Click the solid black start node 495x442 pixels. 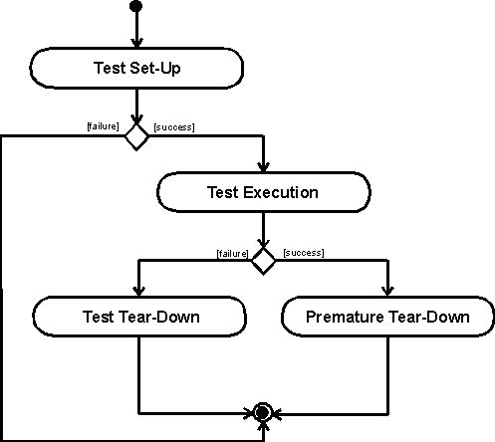135,6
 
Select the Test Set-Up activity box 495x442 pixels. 136,68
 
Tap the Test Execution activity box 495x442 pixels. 264,192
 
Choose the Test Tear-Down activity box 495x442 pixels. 139,317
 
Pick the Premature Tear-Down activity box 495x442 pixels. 387,317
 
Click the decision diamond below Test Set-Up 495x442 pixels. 136,136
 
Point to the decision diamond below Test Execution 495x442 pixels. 263,261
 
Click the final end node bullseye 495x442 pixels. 263,413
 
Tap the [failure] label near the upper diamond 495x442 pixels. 103,126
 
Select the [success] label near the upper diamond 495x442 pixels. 174,127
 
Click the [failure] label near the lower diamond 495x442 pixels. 232,254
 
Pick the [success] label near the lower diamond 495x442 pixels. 304,253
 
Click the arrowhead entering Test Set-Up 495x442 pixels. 136,43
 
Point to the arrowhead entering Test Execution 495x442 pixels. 263,167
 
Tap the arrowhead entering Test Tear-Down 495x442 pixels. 138,292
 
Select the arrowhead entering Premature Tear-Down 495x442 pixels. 387,292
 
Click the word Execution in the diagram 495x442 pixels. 281,192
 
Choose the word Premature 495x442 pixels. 345,317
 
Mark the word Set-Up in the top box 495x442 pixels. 155,69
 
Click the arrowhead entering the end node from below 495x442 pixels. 263,427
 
